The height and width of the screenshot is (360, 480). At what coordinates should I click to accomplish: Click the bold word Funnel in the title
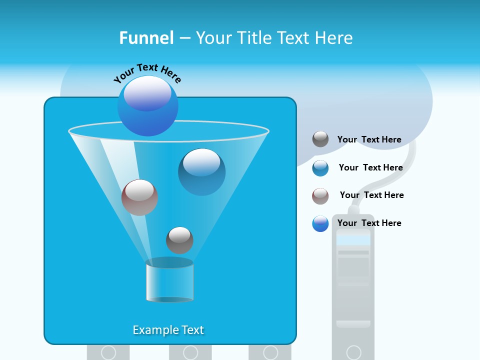click(146, 38)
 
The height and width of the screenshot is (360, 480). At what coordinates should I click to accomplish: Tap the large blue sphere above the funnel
click(147, 105)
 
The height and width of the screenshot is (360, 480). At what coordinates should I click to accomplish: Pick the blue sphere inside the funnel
click(201, 171)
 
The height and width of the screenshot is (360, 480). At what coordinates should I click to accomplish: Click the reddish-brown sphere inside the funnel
click(139, 197)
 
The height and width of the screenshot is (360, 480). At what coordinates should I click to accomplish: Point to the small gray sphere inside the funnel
click(179, 240)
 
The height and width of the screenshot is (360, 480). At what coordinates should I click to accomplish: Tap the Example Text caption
click(168, 330)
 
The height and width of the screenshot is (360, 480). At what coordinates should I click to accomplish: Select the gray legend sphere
click(320, 139)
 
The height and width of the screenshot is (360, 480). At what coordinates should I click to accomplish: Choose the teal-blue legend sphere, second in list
click(320, 168)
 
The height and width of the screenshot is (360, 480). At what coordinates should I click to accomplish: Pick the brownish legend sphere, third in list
click(320, 196)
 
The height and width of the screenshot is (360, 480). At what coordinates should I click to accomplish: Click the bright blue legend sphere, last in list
click(320, 223)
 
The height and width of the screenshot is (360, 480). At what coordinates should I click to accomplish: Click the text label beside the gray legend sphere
click(369, 139)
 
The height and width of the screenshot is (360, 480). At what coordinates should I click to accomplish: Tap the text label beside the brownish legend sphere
click(371, 195)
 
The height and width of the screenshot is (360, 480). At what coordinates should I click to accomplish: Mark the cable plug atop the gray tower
click(353, 209)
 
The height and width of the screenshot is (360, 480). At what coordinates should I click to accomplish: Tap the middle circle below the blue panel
click(190, 352)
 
